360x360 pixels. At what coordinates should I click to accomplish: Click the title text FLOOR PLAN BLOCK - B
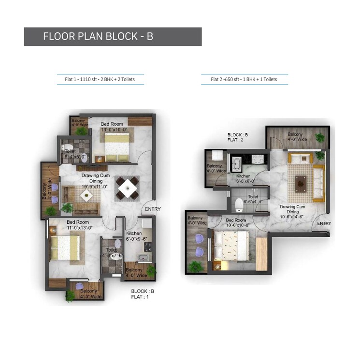[x=98, y=37]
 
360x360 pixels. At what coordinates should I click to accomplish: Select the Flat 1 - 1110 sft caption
[x=100, y=79]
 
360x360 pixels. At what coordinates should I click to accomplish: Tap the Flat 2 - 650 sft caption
[x=244, y=79]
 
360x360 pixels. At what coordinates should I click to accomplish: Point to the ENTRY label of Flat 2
[x=324, y=223]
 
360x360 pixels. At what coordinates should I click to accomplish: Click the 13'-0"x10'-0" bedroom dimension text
[x=114, y=130]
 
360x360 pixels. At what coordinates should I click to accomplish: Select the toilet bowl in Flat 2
[x=238, y=205]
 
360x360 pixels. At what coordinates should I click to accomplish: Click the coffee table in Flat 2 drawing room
[x=301, y=182]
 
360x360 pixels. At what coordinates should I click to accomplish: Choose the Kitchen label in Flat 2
[x=244, y=176]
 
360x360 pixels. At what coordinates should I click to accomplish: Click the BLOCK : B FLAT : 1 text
[x=142, y=294]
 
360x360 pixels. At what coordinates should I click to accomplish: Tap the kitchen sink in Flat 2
[x=237, y=163]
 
